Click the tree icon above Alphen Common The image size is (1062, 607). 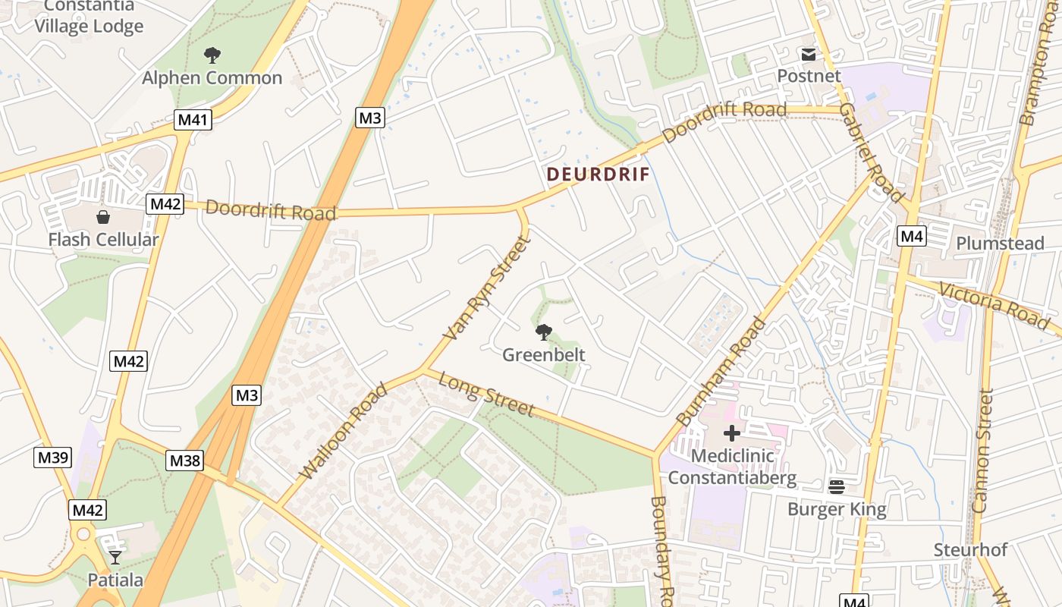212,55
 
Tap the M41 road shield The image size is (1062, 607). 193,119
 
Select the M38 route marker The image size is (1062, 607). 185,461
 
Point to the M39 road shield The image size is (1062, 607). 53,457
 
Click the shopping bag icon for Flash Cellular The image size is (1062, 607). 103,217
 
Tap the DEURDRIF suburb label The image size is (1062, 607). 599,174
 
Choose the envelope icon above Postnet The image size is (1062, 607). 808,55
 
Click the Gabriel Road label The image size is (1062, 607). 872,153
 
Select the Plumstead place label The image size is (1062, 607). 1000,244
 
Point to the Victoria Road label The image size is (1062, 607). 994,304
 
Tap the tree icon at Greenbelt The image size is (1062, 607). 543,332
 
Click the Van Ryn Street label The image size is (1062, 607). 485,288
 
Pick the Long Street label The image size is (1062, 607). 486,395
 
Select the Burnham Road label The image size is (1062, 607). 721,371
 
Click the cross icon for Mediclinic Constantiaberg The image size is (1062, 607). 732,433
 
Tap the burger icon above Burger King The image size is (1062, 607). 837,486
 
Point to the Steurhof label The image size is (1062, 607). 970,549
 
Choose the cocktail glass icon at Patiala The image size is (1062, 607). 115,558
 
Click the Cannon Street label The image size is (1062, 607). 984,450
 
